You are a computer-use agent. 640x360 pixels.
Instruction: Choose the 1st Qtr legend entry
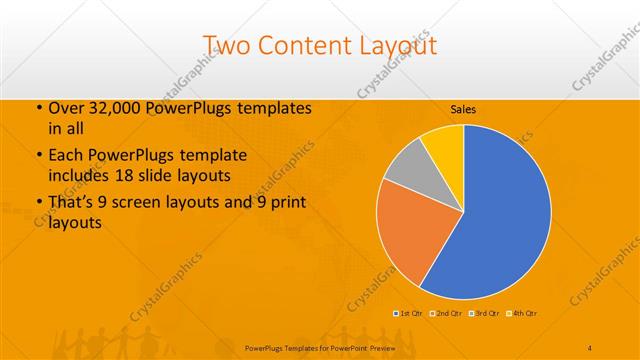pyautogui.click(x=410, y=313)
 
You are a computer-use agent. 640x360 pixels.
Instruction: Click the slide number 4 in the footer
pyautogui.click(x=590, y=346)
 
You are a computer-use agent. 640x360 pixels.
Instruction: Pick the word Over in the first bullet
pyautogui.click(x=65, y=108)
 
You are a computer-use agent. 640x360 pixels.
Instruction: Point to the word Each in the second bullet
pyautogui.click(x=66, y=156)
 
